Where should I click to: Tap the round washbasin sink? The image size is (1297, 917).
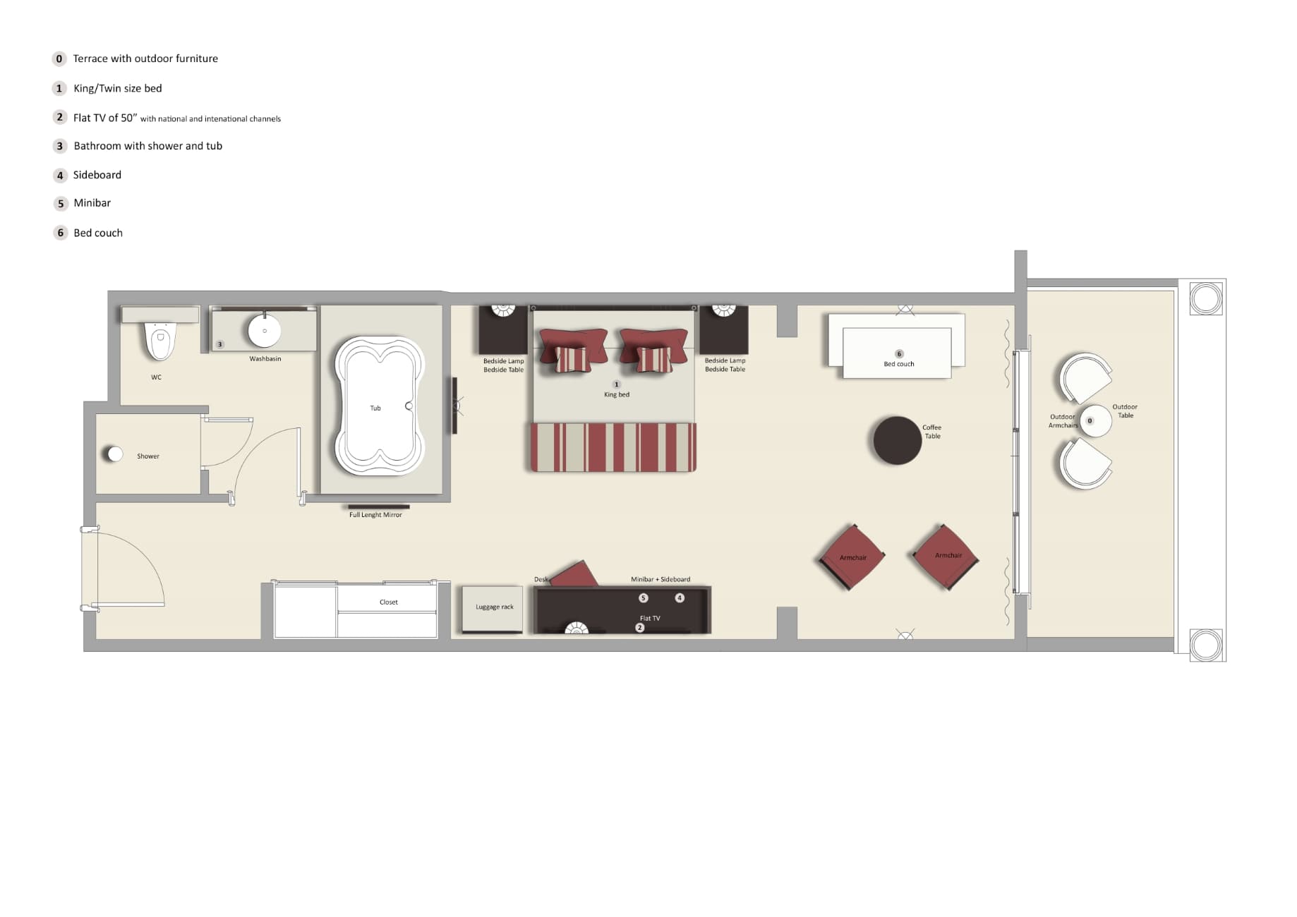(265, 330)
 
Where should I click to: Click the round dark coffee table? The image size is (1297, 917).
(897, 440)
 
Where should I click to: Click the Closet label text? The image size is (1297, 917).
(388, 602)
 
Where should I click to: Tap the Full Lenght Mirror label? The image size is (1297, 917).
(375, 515)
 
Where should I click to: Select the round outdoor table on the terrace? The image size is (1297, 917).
(1095, 421)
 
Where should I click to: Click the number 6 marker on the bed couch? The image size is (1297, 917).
(898, 354)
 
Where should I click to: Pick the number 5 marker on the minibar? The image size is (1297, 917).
(643, 598)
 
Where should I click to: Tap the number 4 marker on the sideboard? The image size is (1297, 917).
(680, 598)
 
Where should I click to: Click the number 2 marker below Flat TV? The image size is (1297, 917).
(640, 628)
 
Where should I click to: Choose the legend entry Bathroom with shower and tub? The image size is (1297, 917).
(147, 146)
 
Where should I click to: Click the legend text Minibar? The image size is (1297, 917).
(92, 203)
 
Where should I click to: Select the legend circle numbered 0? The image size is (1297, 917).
(59, 59)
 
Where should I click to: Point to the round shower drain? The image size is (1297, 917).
(114, 454)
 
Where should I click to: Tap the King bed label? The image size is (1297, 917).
(616, 395)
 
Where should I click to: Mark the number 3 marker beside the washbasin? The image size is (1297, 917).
(219, 345)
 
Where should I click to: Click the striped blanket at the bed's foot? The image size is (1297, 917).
(613, 447)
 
